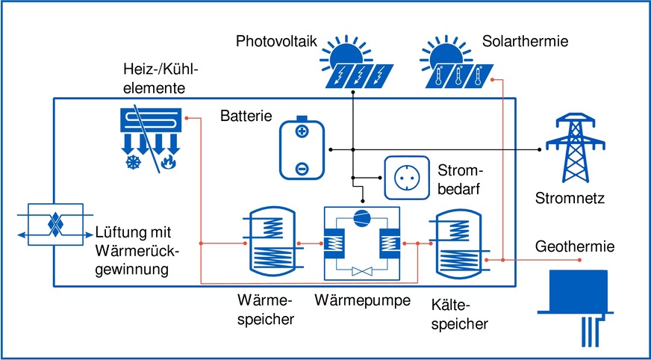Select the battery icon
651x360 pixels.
[x=302, y=149]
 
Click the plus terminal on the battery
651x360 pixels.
[x=302, y=133]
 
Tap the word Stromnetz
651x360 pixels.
[x=570, y=199]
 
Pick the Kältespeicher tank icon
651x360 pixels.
[x=458, y=243]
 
